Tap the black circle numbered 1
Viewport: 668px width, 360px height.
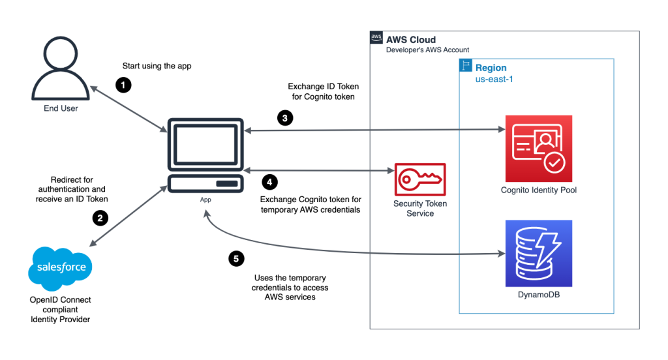(123, 85)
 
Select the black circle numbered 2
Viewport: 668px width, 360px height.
(99, 218)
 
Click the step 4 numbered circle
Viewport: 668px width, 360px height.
(269, 182)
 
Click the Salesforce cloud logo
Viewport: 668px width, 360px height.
(61, 267)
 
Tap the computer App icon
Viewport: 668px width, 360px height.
(205, 155)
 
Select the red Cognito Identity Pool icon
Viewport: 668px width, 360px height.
(538, 148)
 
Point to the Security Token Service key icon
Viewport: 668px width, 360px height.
(420, 179)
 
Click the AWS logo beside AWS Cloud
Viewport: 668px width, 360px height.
(376, 38)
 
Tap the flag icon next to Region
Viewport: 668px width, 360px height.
(466, 65)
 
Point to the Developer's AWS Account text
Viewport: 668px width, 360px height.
(427, 50)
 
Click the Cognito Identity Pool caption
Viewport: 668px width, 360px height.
(538, 190)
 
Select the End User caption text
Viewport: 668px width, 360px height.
(59, 108)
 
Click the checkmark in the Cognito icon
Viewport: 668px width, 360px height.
(555, 162)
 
